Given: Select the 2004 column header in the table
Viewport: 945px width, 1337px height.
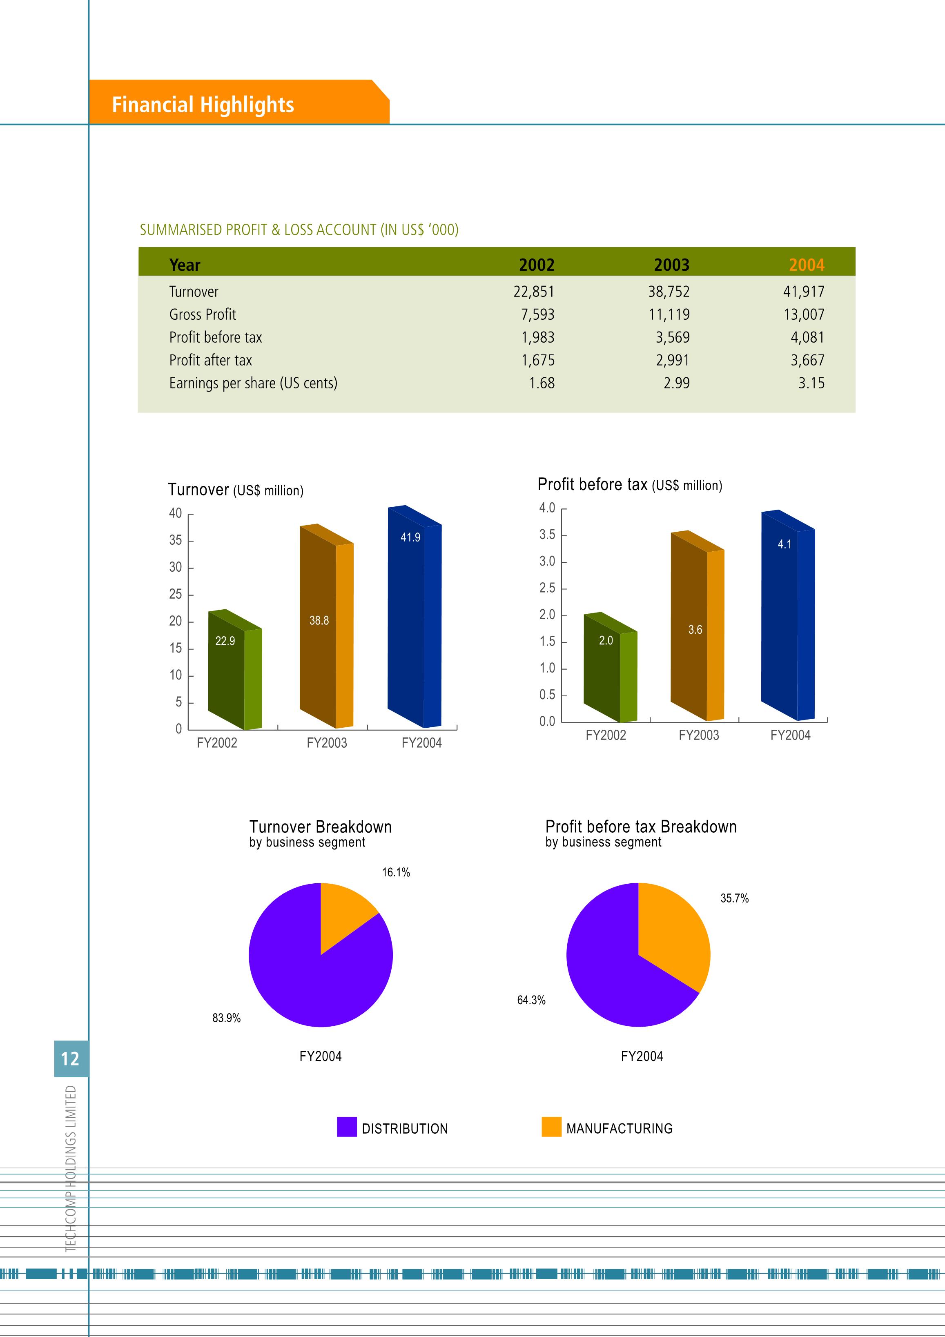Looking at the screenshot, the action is [807, 265].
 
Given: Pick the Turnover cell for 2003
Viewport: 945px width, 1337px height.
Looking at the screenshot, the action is [669, 291].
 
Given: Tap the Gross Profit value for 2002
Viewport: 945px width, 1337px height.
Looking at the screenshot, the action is [537, 314].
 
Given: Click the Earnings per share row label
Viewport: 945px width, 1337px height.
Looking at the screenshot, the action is [253, 383].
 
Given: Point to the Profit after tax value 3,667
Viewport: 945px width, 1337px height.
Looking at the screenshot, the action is [807, 361].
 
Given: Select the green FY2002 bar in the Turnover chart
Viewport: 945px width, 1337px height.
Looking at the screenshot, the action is [235, 670].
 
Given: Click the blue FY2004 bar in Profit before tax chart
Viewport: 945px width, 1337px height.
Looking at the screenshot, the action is [788, 615].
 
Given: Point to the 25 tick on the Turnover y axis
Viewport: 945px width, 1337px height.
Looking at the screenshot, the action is [175, 595].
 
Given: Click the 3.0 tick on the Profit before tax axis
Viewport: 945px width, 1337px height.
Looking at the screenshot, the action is [547, 562].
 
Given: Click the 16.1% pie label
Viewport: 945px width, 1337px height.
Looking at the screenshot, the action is [396, 872].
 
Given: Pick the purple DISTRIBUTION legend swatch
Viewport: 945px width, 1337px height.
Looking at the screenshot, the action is [347, 1126].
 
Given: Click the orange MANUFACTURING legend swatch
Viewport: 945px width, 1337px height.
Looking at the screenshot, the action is [551, 1126].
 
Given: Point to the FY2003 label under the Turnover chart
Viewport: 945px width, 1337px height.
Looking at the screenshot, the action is [327, 743].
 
